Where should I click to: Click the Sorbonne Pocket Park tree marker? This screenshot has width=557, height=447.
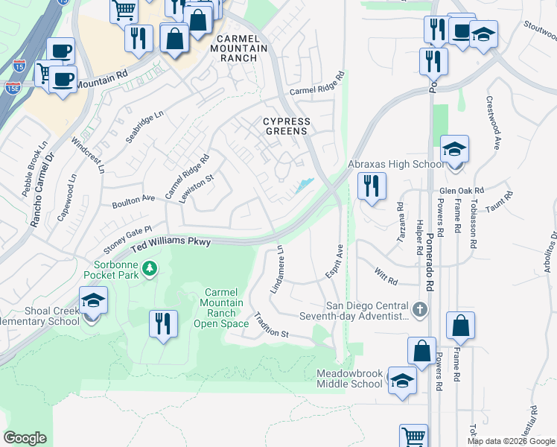[150, 267]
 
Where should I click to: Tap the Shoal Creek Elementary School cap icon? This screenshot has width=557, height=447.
[93, 301]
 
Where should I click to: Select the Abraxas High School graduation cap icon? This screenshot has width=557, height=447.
[453, 150]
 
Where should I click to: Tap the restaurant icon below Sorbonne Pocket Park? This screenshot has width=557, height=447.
[163, 323]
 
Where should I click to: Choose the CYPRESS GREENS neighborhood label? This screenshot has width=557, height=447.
[286, 126]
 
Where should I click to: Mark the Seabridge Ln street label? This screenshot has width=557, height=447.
[144, 127]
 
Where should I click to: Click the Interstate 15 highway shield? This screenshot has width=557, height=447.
[19, 66]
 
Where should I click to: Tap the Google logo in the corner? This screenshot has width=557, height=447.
[25, 438]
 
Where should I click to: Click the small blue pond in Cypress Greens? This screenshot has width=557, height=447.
[304, 185]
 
